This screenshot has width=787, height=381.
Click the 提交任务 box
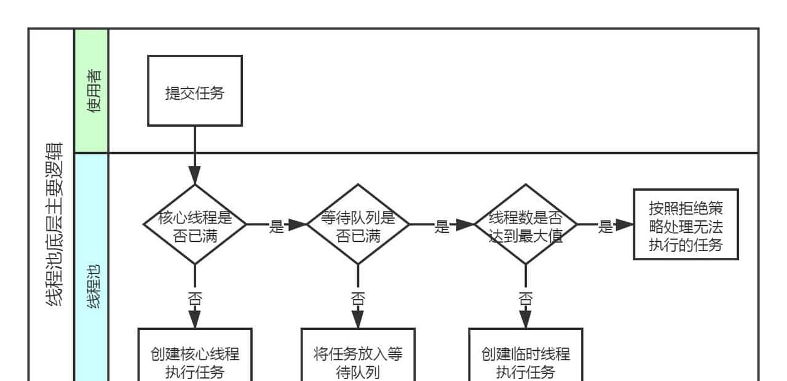pos(195,91)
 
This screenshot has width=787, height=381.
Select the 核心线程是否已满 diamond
pos(195,225)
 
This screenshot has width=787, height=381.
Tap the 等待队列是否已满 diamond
pos(358,225)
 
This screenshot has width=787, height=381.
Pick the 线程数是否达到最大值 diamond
pos(526,225)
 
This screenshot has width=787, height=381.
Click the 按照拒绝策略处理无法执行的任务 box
pos(686,225)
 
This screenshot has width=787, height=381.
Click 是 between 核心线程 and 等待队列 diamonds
pos(277,226)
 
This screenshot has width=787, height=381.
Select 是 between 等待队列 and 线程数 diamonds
pos(441,226)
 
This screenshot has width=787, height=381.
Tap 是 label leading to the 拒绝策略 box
pos(606,226)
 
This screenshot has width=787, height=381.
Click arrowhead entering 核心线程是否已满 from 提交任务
pos(195,175)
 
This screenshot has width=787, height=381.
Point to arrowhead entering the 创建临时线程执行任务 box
pos(526,319)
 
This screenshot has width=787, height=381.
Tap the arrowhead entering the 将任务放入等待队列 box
pos(358,319)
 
